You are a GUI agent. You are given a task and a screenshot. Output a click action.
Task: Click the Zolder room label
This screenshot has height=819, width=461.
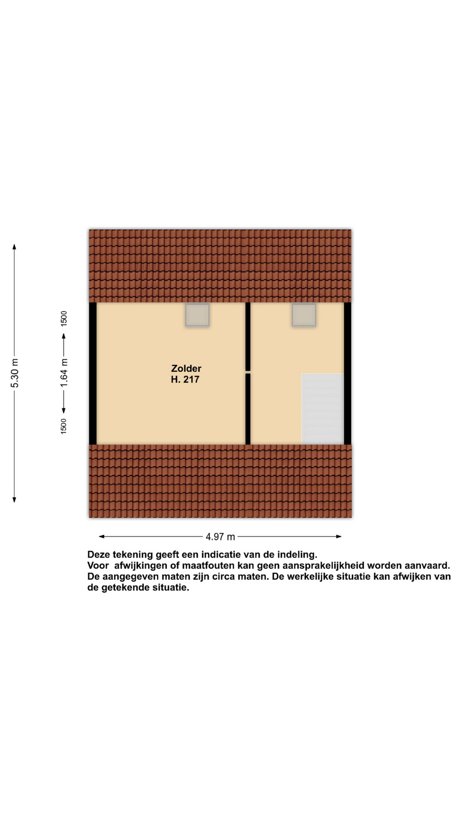click(186, 368)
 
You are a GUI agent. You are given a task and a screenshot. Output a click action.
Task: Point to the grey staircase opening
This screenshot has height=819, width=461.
click(322, 409)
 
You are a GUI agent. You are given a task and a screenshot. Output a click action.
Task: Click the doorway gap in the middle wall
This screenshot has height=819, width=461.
click(248, 372)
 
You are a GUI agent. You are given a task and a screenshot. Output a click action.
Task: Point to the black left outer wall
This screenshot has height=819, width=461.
click(93, 373)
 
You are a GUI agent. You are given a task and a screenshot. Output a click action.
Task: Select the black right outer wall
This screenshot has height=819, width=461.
click(347, 373)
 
